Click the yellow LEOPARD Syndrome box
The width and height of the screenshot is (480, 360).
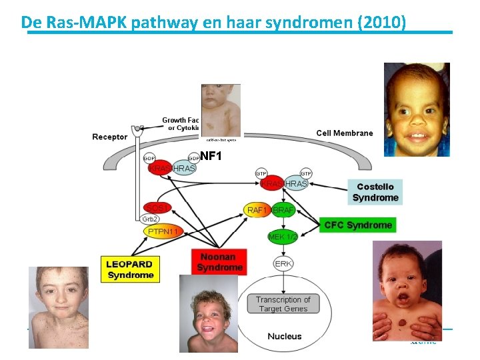coord(131,269)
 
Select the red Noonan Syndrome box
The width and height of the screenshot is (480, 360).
coord(219,262)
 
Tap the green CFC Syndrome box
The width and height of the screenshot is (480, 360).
coord(358,225)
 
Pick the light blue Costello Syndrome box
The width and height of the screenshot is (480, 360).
coord(375,192)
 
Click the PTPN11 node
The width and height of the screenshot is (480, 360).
coord(163,231)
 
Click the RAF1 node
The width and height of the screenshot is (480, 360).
coord(257,210)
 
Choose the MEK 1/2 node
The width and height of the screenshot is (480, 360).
coord(283,237)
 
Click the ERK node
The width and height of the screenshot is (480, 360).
coord(283,264)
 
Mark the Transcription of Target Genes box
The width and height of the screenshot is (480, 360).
coord(283,304)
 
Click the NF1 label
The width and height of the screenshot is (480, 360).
coord(210,157)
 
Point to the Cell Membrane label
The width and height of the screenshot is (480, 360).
coord(344,133)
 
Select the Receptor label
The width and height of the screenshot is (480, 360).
coord(109,137)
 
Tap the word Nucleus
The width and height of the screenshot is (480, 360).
coord(284,336)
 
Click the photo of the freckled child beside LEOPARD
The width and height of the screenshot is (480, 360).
coord(58,307)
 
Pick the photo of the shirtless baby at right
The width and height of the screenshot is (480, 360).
coord(407,291)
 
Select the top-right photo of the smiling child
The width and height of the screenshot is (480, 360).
coord(417,109)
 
